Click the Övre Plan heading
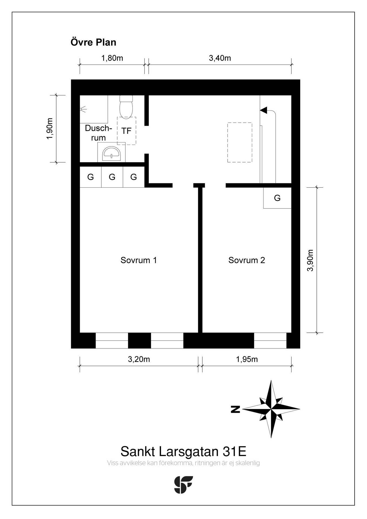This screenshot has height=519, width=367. pyautogui.click(x=94, y=42)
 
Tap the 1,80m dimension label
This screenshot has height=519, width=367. pyautogui.click(x=112, y=58)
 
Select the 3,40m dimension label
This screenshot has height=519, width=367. pyautogui.click(x=220, y=58)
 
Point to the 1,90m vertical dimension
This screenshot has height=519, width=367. pyautogui.click(x=50, y=129)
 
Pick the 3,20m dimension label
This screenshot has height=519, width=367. pyautogui.click(x=139, y=359)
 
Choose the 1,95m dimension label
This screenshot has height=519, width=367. pyautogui.click(x=247, y=359)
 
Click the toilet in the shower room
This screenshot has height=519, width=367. pyautogui.click(x=126, y=107)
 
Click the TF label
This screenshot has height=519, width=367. pyautogui.click(x=126, y=131)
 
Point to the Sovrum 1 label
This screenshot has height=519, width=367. pyautogui.click(x=139, y=260)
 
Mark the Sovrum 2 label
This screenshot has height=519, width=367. pyautogui.click(x=247, y=260)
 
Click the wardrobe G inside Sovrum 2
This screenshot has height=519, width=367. pyautogui.click(x=277, y=198)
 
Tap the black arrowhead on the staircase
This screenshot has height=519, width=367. pyautogui.click(x=263, y=110)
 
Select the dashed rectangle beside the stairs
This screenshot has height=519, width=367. pyautogui.click(x=240, y=142)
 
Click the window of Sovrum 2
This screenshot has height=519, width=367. pyautogui.click(x=270, y=341)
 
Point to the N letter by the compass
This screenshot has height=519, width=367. pyautogui.click(x=236, y=409)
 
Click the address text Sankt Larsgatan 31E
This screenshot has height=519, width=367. pyautogui.click(x=183, y=451)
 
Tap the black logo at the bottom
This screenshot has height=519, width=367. pyautogui.click(x=183, y=485)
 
